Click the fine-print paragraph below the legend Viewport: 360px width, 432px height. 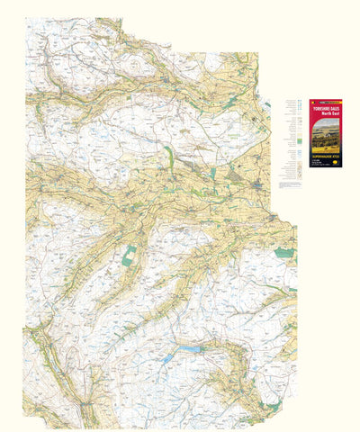[293, 184]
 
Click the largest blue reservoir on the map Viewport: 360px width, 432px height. [191, 347]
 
